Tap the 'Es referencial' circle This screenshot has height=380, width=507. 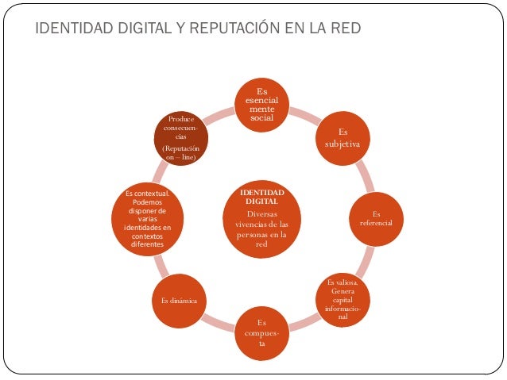point(376,218)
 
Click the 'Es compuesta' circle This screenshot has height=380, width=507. point(261,333)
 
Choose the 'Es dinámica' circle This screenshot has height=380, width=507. point(184,301)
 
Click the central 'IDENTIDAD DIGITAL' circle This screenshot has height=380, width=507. point(261,218)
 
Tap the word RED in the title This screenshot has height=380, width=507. point(346,29)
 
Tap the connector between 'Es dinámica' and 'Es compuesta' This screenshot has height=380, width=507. point(219,321)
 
